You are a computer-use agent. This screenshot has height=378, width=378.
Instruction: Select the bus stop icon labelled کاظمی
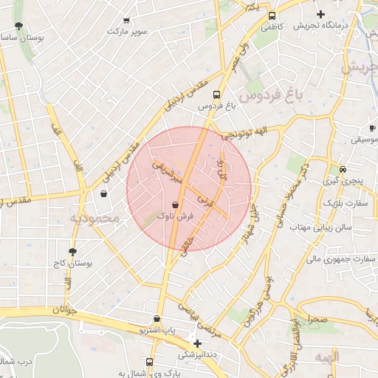coord(272,16)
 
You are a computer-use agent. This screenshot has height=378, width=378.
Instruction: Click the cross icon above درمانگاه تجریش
coord(320,14)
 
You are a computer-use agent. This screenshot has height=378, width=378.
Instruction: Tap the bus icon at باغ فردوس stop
coord(216,94)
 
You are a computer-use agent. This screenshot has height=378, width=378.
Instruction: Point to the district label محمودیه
coord(94,218)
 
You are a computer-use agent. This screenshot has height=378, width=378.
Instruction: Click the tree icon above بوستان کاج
coord(72,252)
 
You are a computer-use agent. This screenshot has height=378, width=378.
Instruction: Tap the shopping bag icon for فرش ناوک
coord(175,205)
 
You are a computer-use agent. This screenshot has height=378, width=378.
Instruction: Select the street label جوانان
coord(66,311)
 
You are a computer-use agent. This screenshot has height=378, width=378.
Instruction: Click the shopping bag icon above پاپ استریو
coord(156,319)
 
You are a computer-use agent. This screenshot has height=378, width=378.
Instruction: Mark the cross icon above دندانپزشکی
coord(197,343)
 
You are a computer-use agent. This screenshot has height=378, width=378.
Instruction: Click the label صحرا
coord(317,320)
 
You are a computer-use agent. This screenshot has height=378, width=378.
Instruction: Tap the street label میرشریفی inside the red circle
coord(166,171)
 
